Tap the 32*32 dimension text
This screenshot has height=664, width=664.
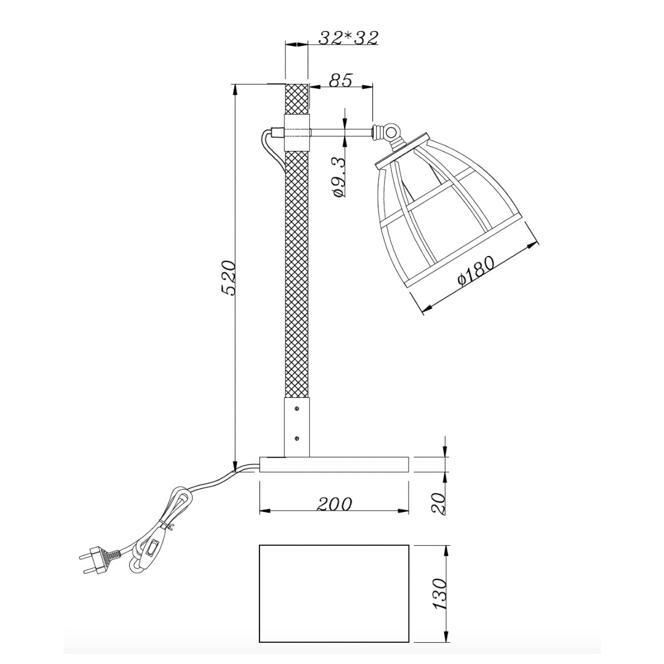[x=348, y=38]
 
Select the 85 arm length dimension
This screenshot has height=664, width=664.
[x=341, y=80]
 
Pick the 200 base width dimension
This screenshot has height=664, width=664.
[x=334, y=504]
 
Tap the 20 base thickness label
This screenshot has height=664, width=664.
[x=439, y=503]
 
